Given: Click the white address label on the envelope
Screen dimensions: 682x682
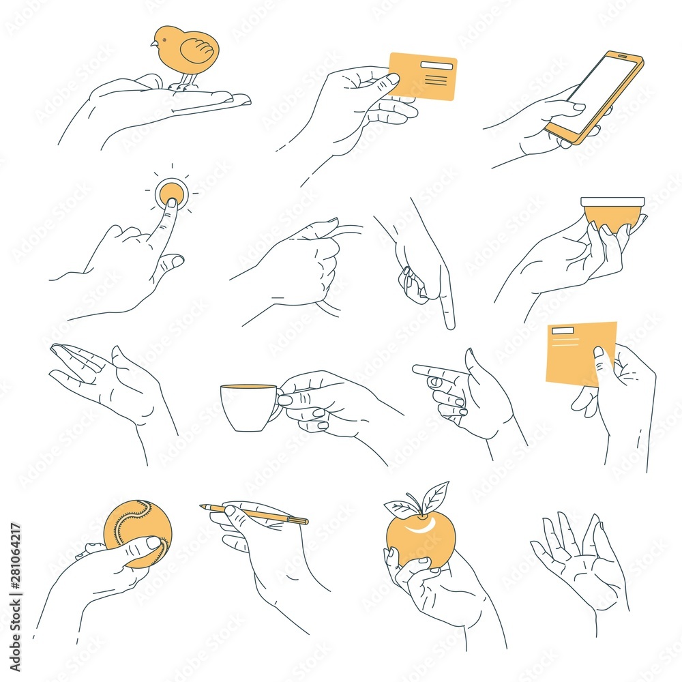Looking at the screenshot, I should pos(563,331).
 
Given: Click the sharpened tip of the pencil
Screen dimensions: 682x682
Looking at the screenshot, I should pos(203,507).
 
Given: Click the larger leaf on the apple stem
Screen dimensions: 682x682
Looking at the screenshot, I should pos(435,496).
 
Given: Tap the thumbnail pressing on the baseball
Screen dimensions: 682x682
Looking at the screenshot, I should pos(153,543).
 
